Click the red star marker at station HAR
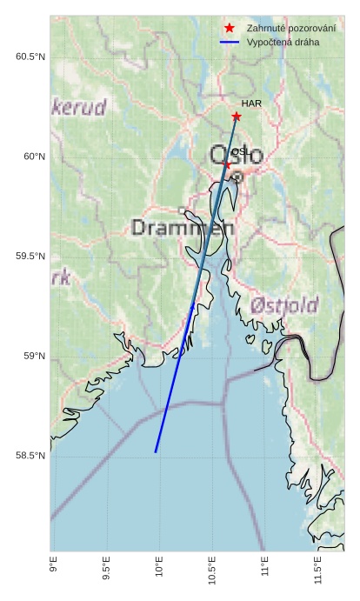(x=237, y=117)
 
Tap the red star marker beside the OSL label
(x=227, y=164)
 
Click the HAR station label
(x=252, y=104)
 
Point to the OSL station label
(x=240, y=152)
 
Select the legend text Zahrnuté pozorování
(x=290, y=29)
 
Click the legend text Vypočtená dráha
(x=283, y=42)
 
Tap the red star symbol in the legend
(x=229, y=29)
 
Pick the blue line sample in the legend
(x=229, y=42)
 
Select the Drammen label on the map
(x=183, y=228)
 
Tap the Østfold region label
(x=283, y=306)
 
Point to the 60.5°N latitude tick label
(x=30, y=57)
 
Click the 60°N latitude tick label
(x=33, y=157)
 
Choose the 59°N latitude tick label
(x=33, y=356)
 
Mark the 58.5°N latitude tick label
(x=30, y=456)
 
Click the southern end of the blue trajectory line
(x=156, y=452)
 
